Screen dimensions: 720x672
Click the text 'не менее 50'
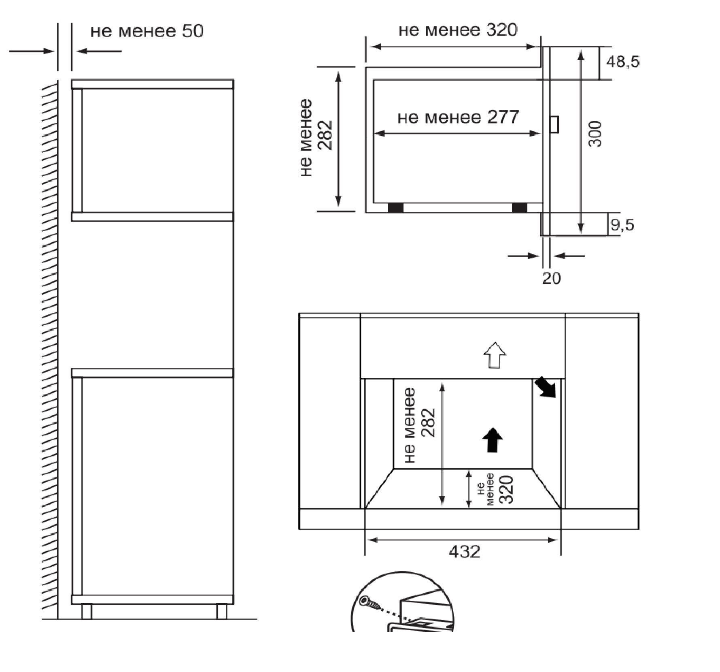coord(147,31)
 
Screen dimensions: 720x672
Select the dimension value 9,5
coord(622,224)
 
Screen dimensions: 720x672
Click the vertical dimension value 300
coord(595,134)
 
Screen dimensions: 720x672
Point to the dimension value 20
coord(551,278)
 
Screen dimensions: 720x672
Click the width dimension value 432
coord(464,551)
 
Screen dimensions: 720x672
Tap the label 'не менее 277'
coord(458,117)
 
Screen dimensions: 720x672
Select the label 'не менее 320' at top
coord(458,30)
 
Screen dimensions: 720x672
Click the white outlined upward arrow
coord(495,355)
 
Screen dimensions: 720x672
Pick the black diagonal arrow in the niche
coord(546,387)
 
